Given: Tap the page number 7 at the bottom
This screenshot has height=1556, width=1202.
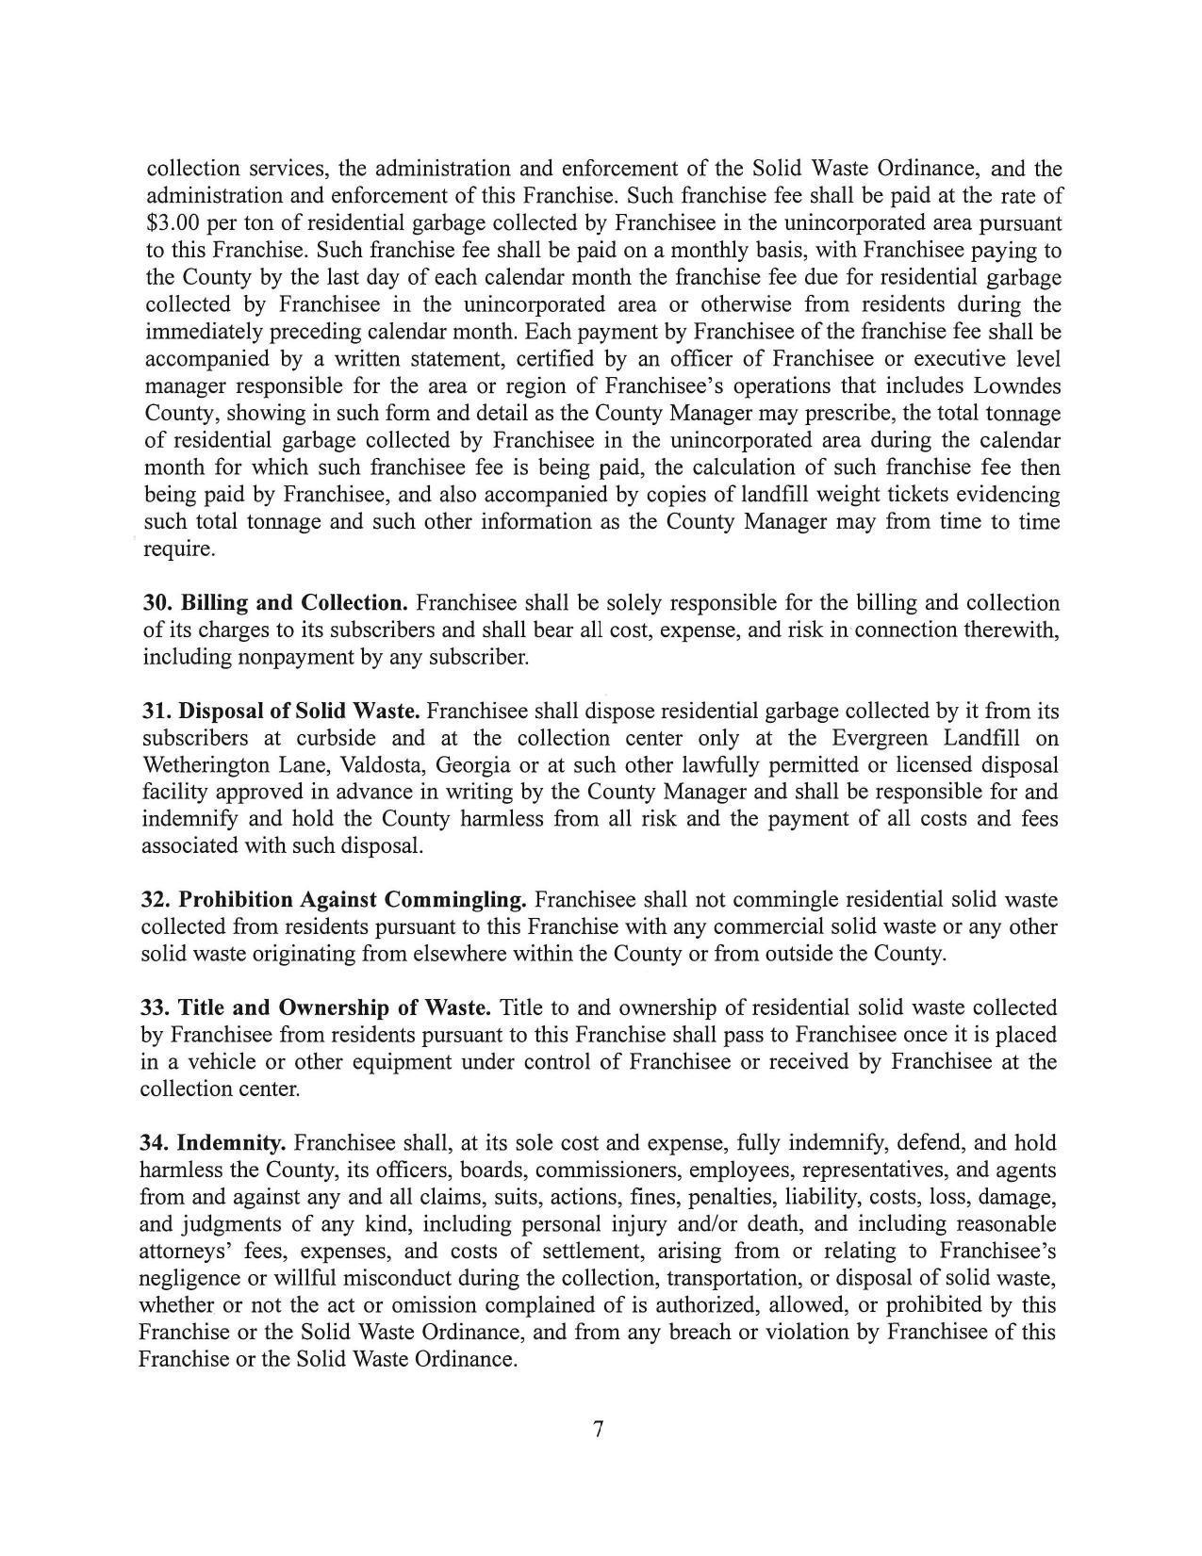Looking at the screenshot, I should click(x=598, y=1430).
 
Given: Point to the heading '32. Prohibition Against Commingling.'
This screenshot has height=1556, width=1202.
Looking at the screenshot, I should click(x=334, y=900).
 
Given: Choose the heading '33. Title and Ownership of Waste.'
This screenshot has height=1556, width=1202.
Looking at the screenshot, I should click(x=316, y=1008).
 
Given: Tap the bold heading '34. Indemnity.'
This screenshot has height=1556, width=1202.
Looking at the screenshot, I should click(x=213, y=1144).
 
